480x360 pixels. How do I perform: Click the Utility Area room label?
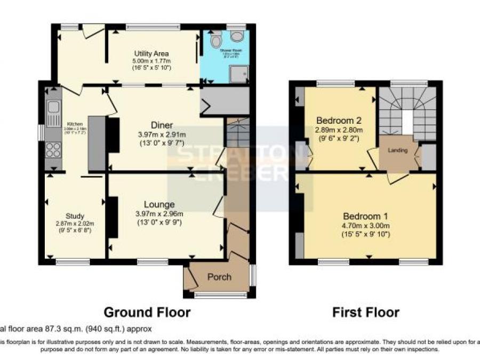[151, 53]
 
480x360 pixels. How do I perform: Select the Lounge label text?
[159, 204]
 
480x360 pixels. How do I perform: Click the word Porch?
[219, 277]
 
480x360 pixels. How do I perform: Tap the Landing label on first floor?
[398, 150]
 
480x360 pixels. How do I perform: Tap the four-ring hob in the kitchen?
[53, 150]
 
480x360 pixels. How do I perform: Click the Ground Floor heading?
[146, 311]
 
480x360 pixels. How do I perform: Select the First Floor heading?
[365, 311]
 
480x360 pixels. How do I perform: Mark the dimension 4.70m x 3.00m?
[366, 226]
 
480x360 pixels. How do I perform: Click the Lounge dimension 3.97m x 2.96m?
[159, 214]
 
